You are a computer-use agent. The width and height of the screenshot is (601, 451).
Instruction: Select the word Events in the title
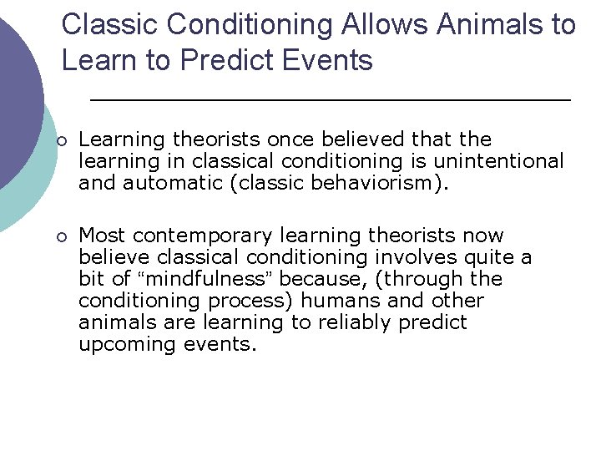(x=332, y=61)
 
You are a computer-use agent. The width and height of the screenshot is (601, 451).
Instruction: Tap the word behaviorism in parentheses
(x=379, y=182)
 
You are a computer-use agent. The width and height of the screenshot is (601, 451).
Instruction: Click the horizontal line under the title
(x=330, y=99)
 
